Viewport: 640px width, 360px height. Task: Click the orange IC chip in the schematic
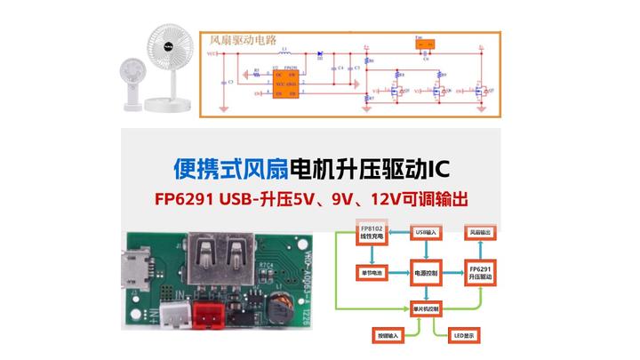(x=285, y=77)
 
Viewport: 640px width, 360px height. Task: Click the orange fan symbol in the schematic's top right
(x=423, y=42)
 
